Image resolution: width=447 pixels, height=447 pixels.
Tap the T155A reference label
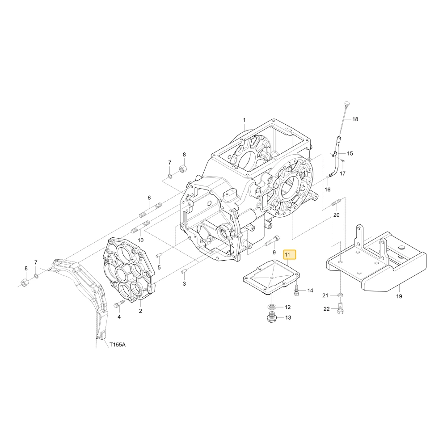point(118,345)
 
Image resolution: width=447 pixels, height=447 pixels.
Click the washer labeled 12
point(271,307)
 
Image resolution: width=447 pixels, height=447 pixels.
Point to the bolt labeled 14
point(296,290)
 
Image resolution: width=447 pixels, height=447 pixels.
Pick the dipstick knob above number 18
point(347,103)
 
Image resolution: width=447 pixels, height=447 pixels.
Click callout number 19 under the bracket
point(399,296)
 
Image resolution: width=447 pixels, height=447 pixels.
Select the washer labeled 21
point(340,294)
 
